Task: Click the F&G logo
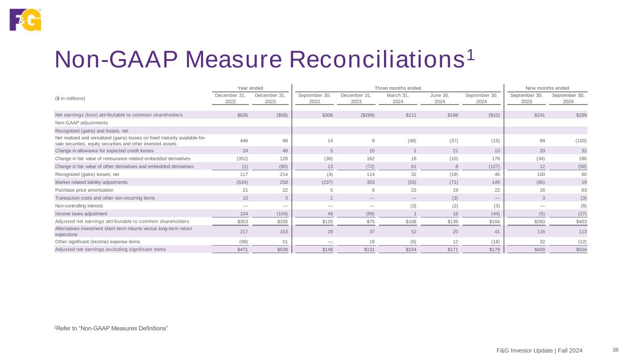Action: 25,20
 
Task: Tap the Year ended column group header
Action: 250,88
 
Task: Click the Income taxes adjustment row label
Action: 81,214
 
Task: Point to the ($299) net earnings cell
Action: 367,115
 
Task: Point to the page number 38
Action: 616,349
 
